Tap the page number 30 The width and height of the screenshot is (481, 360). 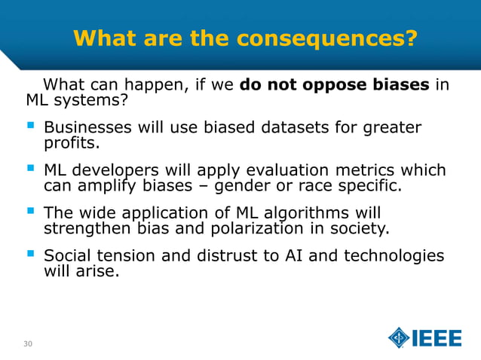[x=28, y=344]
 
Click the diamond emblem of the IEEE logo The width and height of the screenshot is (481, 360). [x=399, y=338]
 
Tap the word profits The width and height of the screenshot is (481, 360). [x=72, y=142]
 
